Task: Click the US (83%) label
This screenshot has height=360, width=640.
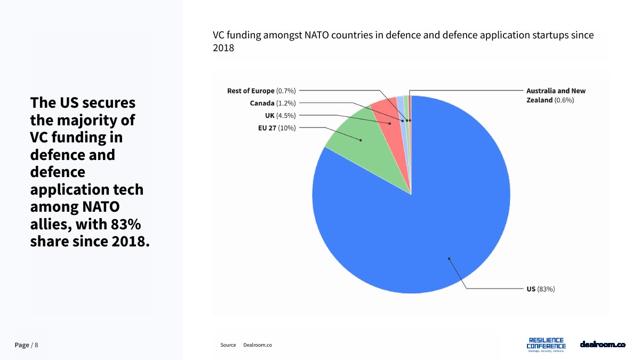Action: tap(540, 289)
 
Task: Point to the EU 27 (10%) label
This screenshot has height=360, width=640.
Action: tap(276, 127)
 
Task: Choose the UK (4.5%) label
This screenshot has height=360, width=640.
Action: tap(280, 115)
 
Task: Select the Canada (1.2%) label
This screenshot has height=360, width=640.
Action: tap(273, 103)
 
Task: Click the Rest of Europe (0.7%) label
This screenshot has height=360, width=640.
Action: tap(261, 91)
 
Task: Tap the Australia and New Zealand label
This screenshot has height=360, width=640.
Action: tap(555, 95)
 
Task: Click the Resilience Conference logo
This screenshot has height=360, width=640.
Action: tap(546, 345)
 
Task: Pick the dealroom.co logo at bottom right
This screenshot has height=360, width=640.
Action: tap(602, 345)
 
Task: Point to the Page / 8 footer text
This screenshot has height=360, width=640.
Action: tap(26, 345)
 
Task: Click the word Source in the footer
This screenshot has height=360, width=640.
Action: tap(228, 345)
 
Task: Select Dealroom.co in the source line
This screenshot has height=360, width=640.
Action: tap(258, 345)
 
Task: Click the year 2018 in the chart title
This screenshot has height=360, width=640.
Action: tap(223, 47)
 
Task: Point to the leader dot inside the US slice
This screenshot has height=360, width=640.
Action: tap(449, 259)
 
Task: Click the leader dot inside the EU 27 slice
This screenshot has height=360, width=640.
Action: tap(361, 140)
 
